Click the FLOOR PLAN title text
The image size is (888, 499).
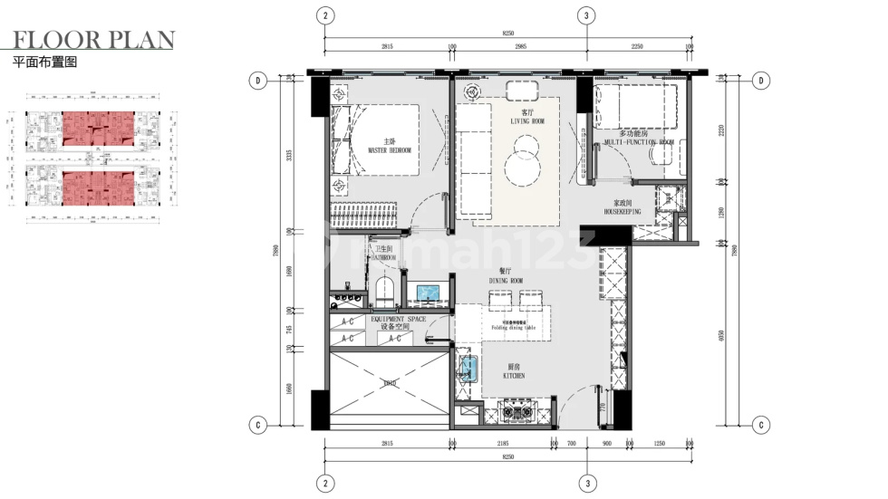94,40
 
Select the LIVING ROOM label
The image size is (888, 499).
525,118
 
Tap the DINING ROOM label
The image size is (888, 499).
507,276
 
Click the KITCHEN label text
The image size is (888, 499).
515,371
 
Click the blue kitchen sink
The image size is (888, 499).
468,369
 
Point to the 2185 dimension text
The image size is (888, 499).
503,444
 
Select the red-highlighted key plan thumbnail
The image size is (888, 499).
98,156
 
